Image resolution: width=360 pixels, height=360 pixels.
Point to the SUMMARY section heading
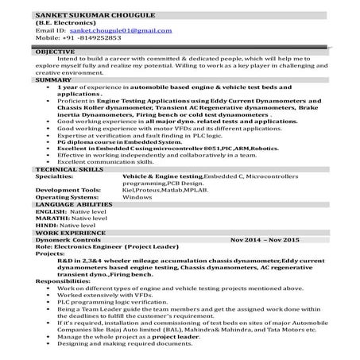click(x=52, y=80)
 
